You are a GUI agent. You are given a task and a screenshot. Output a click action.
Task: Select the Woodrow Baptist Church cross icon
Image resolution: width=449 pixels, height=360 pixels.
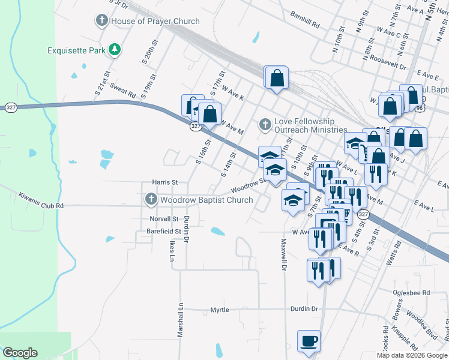(x=151, y=199)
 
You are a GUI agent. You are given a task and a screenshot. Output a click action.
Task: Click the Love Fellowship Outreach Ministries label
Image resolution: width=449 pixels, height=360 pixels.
(x=310, y=125)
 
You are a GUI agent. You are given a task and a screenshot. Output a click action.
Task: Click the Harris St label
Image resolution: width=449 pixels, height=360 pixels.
(x=165, y=182)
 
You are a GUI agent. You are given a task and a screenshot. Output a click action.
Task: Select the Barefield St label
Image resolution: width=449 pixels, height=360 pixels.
(x=165, y=231)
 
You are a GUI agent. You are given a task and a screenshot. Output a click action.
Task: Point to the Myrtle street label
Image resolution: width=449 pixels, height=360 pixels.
(x=219, y=310)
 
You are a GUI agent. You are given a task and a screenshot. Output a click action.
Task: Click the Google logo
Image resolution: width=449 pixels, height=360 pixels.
(x=20, y=353)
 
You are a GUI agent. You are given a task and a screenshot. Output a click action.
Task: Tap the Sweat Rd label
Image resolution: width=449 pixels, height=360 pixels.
(x=122, y=91)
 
